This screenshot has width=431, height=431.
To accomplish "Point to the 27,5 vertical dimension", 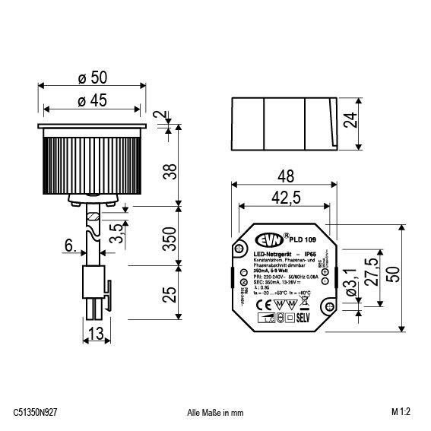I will click(371, 271).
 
